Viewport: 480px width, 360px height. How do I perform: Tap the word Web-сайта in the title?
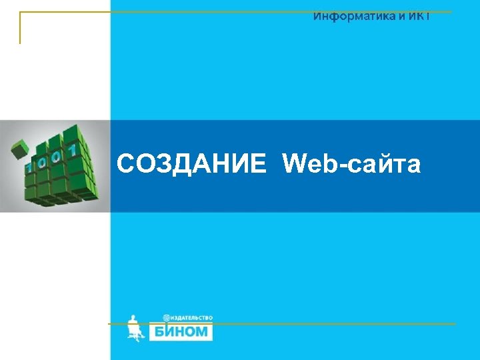351,163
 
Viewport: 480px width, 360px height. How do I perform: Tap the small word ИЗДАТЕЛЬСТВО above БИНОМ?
192,318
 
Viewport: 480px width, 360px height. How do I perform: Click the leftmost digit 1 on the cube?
29,167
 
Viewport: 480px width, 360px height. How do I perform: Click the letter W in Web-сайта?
295,163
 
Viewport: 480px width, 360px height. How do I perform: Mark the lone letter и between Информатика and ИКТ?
402,16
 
